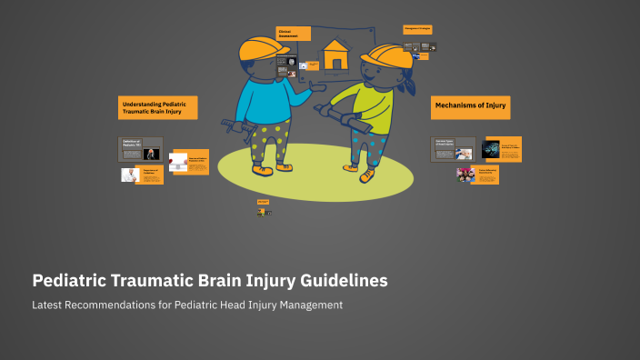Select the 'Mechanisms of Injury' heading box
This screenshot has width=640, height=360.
click(x=470, y=106)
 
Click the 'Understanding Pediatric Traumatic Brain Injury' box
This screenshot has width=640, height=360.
click(x=157, y=107)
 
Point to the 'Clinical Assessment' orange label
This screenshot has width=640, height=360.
click(x=293, y=34)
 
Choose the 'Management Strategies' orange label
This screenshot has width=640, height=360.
click(x=417, y=29)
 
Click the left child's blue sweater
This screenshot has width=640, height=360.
click(x=264, y=101)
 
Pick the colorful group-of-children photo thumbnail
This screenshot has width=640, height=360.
click(x=465, y=175)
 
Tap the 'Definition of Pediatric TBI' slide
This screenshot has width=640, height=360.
click(x=141, y=149)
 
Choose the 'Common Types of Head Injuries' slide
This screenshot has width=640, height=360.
click(x=452, y=149)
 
